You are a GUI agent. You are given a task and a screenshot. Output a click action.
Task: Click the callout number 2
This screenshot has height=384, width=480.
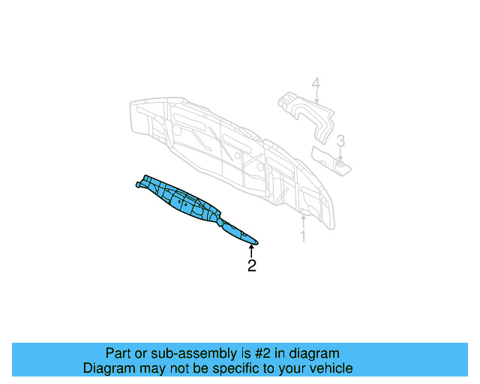tap(252, 265)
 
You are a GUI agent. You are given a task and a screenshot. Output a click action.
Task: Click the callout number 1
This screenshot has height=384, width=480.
tap(303, 237)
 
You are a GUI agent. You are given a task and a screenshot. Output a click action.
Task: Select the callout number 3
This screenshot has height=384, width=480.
tap(340, 140)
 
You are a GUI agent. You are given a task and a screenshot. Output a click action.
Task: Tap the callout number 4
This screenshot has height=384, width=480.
tap(316, 85)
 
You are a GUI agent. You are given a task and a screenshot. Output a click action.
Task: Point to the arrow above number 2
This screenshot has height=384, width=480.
tap(252, 250)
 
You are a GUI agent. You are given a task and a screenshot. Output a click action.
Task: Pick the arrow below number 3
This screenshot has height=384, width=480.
tap(340, 155)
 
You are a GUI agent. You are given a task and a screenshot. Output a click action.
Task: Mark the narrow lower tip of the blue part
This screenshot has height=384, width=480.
tap(253, 241)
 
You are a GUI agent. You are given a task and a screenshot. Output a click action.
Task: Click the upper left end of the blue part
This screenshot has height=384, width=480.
tap(138, 182)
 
